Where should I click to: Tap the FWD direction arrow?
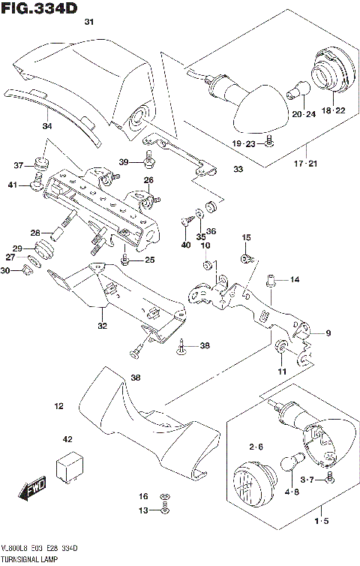click(34, 490)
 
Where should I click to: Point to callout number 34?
click(46, 125)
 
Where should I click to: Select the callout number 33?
click(238, 170)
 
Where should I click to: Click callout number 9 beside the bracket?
click(328, 333)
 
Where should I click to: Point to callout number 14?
click(294, 280)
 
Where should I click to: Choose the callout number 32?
click(102, 326)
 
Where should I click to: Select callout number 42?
click(67, 438)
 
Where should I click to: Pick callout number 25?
click(149, 260)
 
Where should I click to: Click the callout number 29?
click(17, 248)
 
